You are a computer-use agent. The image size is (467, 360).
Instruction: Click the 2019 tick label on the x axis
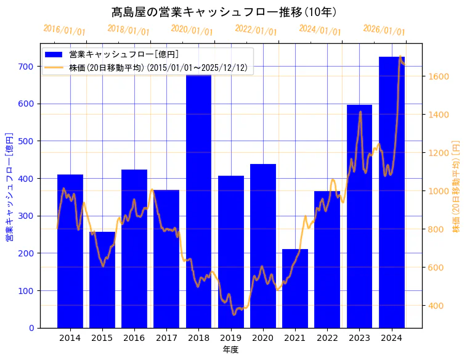point(230,338)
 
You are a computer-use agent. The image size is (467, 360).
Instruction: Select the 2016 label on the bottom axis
point(134,338)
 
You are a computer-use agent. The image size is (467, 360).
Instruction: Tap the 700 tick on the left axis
point(26,67)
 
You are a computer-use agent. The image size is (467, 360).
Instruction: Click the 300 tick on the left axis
point(26,216)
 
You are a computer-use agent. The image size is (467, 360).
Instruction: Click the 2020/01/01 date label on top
point(192,30)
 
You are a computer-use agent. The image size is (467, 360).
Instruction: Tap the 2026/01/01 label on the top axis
point(384,30)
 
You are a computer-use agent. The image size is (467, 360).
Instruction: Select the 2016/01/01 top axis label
point(64,30)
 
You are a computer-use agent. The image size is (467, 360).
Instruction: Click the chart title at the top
point(225,12)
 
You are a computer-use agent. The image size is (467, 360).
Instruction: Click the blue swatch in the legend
point(55,54)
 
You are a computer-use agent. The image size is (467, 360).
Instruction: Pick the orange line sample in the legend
point(55,68)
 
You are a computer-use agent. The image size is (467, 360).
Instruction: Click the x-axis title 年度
point(230,350)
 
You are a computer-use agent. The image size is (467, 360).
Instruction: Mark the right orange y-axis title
point(457,186)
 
